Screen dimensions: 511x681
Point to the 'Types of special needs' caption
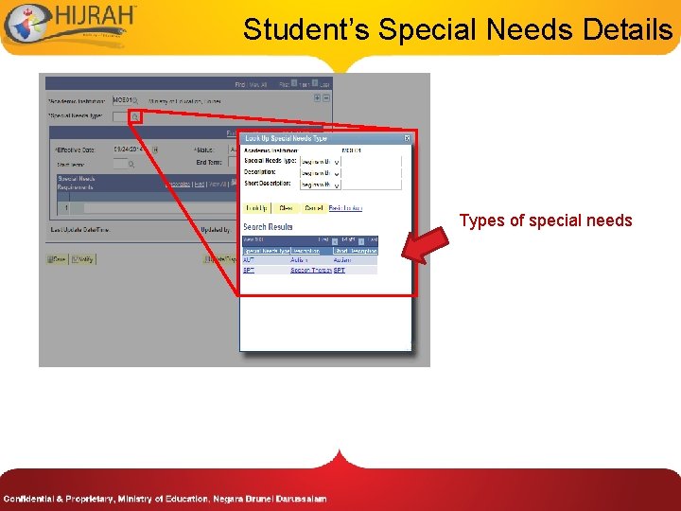point(546,220)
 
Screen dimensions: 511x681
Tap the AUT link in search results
point(249,259)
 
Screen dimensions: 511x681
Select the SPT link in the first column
point(249,270)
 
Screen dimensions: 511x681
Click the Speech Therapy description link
point(309,270)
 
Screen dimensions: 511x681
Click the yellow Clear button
point(286,208)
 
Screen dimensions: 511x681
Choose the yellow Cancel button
point(313,208)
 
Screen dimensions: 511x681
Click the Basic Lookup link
point(345,208)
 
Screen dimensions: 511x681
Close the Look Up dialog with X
point(407,138)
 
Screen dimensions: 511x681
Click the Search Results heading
point(268,227)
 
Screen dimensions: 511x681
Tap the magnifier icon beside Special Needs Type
point(135,116)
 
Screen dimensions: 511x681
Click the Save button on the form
point(58,258)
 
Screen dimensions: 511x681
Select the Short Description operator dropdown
point(320,184)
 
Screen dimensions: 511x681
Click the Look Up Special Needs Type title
point(287,138)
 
